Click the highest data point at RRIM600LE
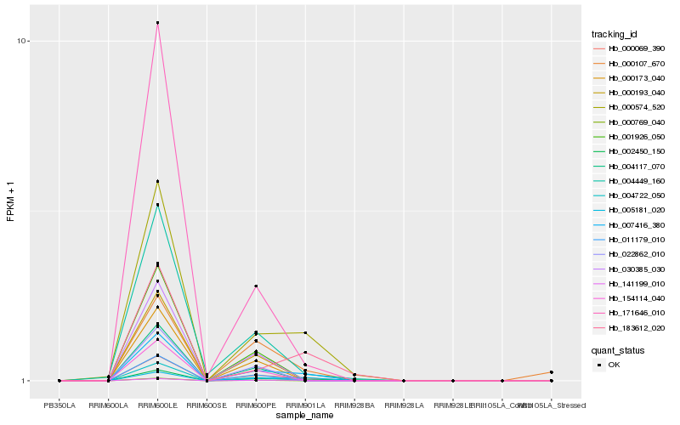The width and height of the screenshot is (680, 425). [x=157, y=23]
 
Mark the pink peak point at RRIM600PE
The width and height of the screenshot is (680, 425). [x=256, y=286]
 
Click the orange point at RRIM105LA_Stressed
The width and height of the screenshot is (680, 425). [x=552, y=372]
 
